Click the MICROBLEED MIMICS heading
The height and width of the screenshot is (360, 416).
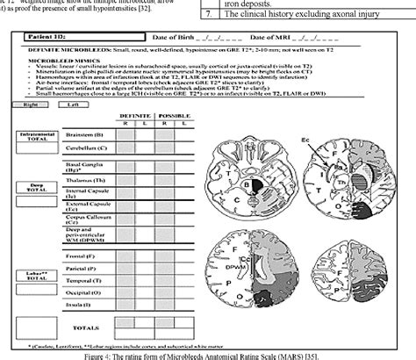point(59,70)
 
